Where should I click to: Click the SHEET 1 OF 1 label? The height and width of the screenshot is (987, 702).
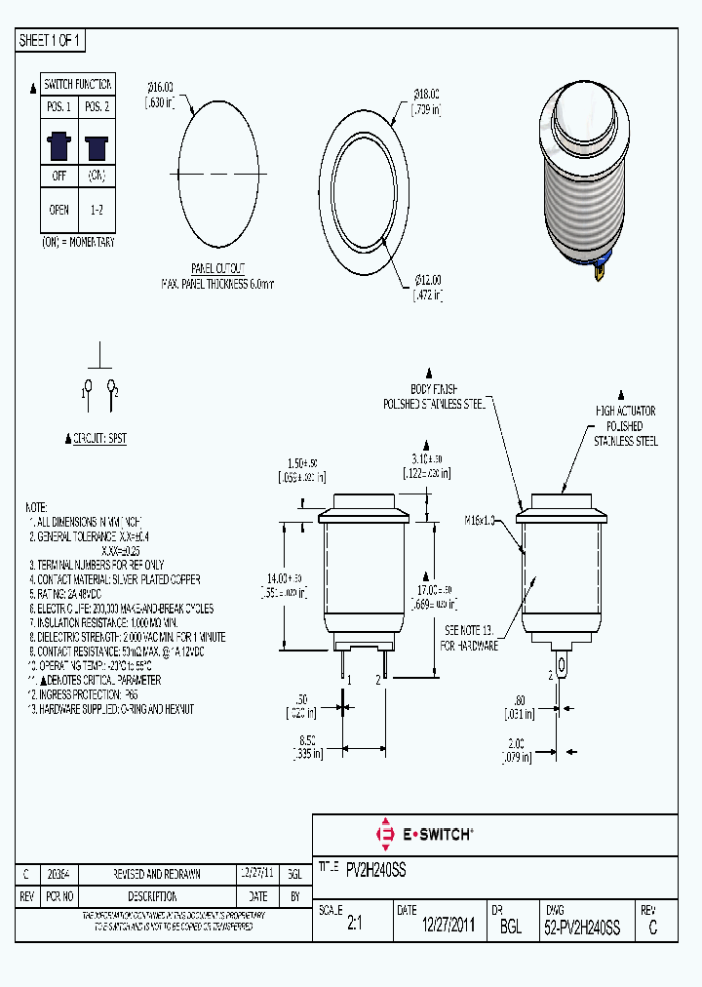(x=52, y=40)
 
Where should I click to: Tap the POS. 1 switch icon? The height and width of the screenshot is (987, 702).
(x=58, y=146)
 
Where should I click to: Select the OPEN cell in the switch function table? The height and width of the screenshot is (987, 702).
(x=58, y=209)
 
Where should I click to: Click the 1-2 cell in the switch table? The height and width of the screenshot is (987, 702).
(x=97, y=209)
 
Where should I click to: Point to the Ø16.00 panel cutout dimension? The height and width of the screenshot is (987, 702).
(x=160, y=93)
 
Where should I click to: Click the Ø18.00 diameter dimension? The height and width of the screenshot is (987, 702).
(x=424, y=100)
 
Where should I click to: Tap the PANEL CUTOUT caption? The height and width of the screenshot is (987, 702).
(x=217, y=268)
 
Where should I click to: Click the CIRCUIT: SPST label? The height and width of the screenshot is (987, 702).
(x=98, y=439)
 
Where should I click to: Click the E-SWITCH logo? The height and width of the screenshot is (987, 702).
(x=424, y=834)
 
